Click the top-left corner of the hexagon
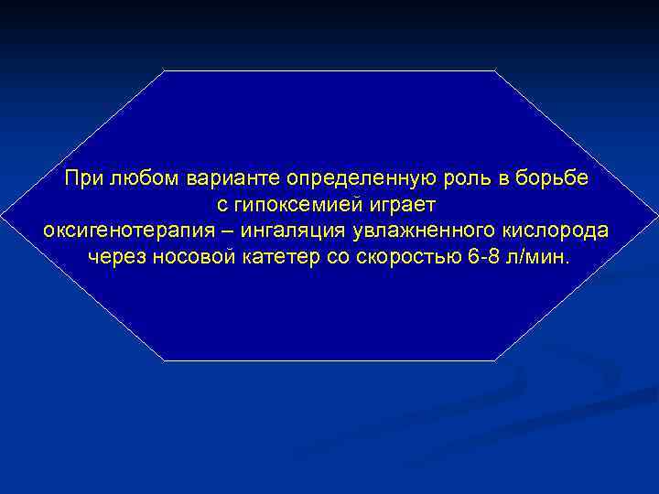point(164,70)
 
